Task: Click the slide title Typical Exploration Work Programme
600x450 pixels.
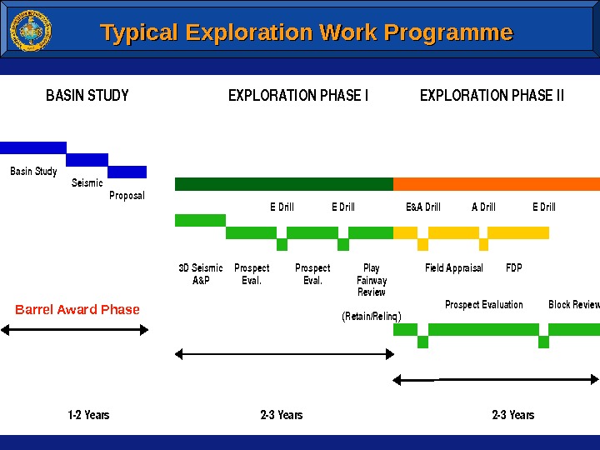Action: [306, 32]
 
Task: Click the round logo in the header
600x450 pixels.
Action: [30, 31]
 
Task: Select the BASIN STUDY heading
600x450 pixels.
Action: [87, 96]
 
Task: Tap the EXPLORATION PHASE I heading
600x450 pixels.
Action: [298, 96]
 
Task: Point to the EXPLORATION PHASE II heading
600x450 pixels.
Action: [492, 96]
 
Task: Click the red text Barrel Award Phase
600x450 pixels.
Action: [77, 310]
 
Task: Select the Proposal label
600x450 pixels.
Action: [127, 196]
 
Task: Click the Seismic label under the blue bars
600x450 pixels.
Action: [87, 183]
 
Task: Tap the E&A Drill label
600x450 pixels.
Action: [422, 207]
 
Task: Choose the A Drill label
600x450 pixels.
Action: [483, 207]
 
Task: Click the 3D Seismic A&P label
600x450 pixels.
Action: [201, 274]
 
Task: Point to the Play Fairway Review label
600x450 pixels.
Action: [372, 280]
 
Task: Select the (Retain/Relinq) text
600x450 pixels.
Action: [372, 317]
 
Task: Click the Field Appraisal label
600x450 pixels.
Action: [454, 268]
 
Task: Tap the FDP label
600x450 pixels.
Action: [513, 268]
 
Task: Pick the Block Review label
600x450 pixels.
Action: [574, 305]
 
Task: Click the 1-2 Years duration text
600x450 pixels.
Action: [88, 415]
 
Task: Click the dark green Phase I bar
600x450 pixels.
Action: [283, 184]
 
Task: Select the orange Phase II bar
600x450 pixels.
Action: [496, 184]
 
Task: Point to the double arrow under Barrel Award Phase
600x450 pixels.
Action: [74, 330]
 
